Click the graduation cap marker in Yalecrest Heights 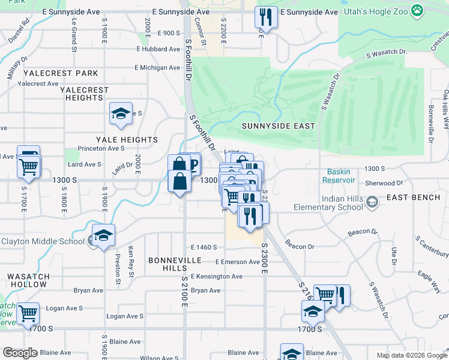click(121, 113)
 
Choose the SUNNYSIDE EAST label click(278, 126)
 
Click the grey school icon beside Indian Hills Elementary click(372, 202)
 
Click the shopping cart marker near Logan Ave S click(28, 313)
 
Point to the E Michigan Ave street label click(157, 68)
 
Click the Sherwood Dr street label click(384, 183)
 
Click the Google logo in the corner click(20, 353)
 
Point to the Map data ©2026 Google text click(412, 355)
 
